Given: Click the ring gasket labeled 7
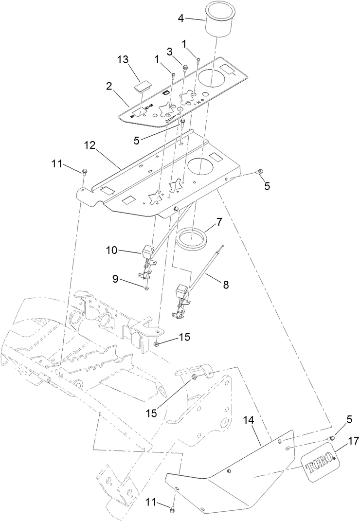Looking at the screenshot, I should click(x=191, y=238).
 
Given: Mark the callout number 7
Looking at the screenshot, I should click(x=219, y=222).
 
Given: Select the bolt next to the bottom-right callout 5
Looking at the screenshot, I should click(x=332, y=438).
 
